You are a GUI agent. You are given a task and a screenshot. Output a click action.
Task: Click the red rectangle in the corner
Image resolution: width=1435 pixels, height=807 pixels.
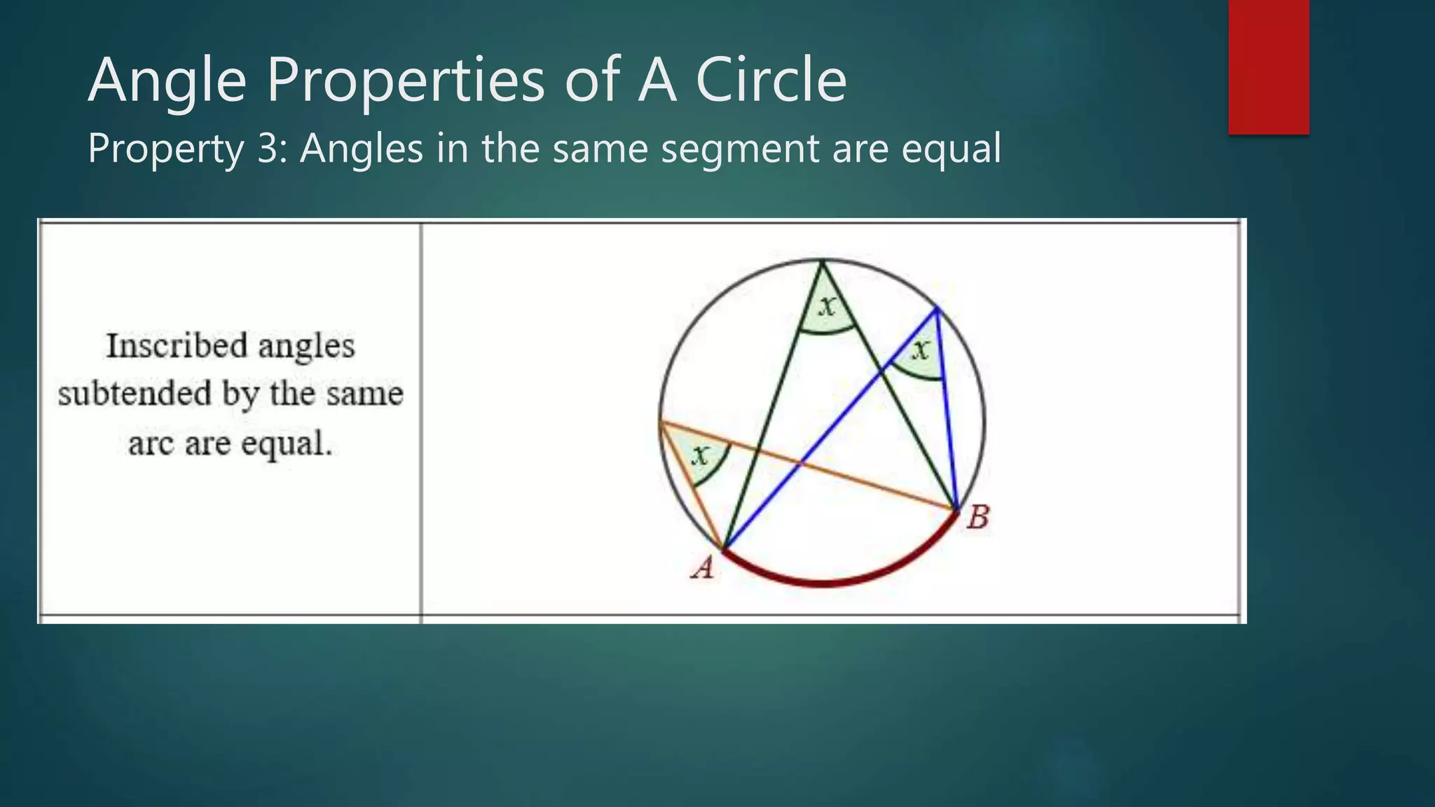click(1268, 67)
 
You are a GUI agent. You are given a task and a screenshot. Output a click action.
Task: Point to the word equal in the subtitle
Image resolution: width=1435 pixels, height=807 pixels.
click(951, 150)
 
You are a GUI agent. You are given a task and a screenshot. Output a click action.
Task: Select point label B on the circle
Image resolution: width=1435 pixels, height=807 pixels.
click(977, 518)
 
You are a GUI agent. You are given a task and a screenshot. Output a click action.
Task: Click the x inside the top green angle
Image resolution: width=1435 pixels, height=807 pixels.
click(828, 305)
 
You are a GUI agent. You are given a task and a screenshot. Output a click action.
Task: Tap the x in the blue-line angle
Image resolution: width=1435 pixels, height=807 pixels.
click(921, 350)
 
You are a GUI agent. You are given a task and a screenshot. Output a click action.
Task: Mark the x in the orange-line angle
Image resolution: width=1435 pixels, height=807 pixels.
click(700, 457)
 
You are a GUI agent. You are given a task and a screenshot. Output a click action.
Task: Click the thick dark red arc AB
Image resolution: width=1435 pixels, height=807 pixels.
click(823, 582)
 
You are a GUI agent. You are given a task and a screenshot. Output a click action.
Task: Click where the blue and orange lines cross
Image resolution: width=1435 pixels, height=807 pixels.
click(802, 462)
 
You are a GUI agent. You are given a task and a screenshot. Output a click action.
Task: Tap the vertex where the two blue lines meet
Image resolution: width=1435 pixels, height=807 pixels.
click(937, 308)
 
